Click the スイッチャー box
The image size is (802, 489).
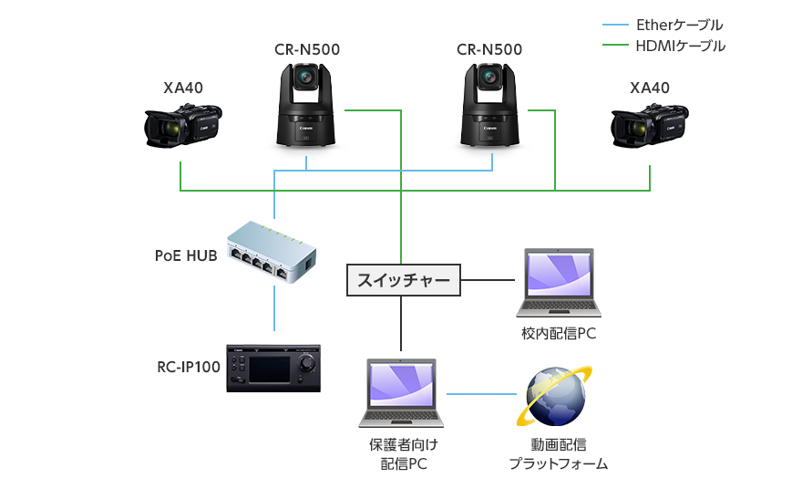click(404, 280)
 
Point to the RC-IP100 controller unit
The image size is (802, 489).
click(274, 369)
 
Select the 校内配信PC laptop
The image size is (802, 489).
click(558, 283)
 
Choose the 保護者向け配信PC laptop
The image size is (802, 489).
click(402, 393)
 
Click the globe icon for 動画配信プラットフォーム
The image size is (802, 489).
click(554, 395)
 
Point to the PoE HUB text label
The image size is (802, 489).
click(185, 255)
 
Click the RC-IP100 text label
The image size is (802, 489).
click(188, 368)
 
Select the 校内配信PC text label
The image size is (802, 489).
click(559, 334)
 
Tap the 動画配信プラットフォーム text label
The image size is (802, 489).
click(558, 454)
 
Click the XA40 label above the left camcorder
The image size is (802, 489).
click(183, 88)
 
